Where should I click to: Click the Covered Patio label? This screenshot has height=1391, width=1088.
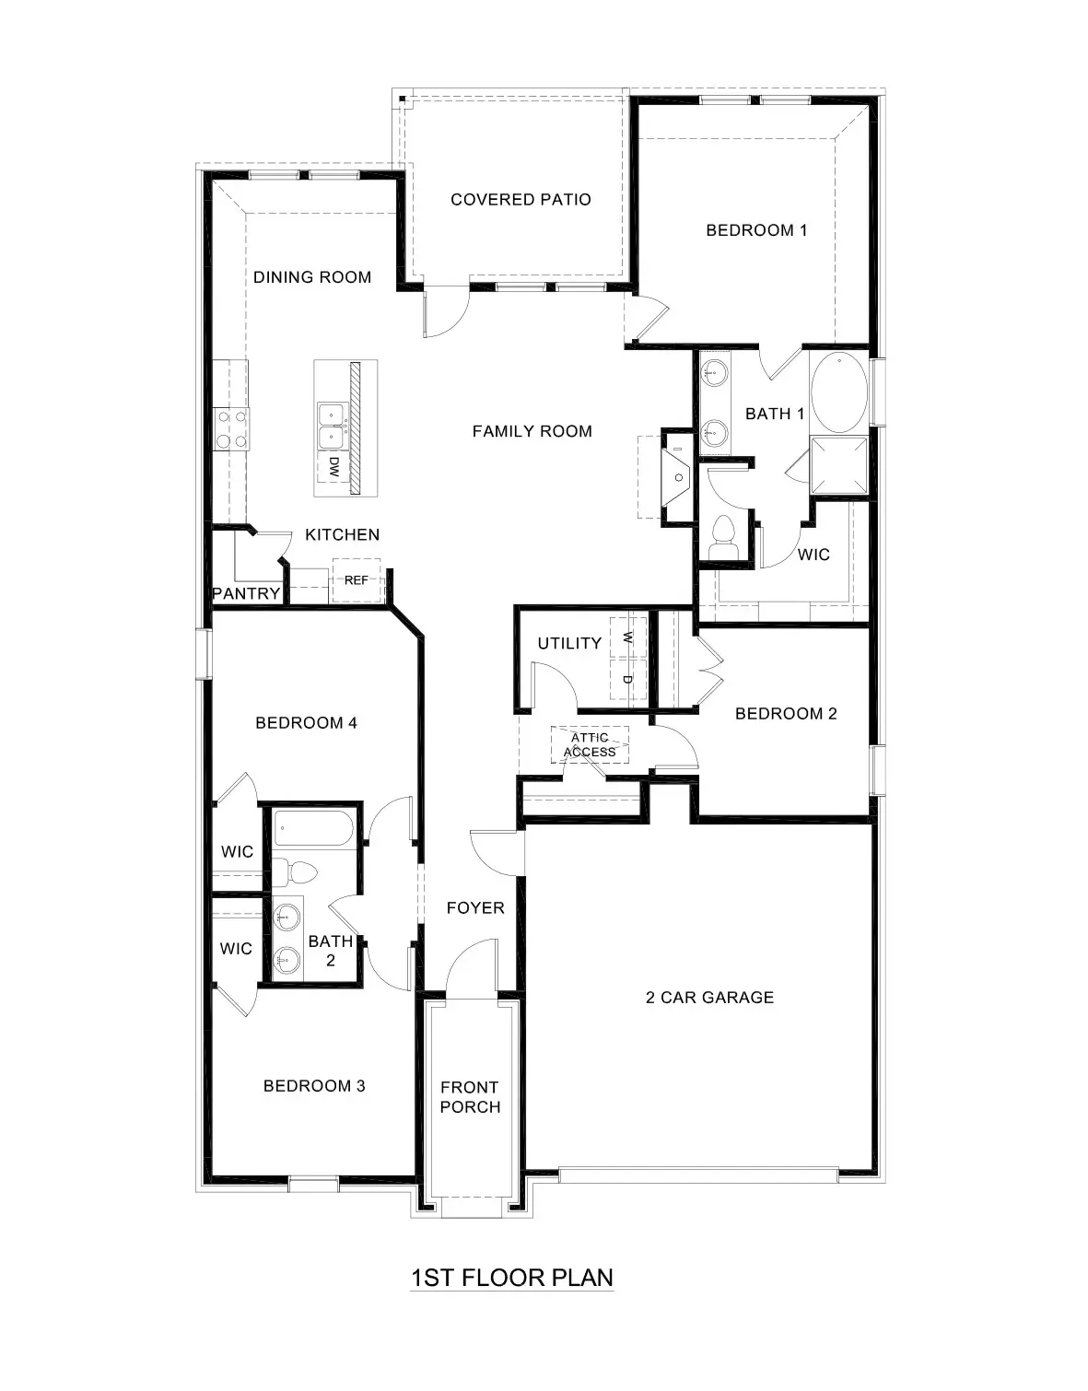click(x=521, y=200)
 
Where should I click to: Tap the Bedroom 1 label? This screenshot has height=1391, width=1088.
click(x=756, y=230)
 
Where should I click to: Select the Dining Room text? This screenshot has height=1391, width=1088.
click(x=312, y=277)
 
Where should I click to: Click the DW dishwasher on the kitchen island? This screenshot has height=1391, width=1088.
click(x=333, y=467)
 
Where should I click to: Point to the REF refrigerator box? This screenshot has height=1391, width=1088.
click(x=356, y=580)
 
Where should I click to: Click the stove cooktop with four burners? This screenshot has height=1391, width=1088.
click(x=231, y=429)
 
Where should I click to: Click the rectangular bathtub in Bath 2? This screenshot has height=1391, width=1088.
click(x=311, y=828)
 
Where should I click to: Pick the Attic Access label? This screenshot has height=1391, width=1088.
click(x=590, y=745)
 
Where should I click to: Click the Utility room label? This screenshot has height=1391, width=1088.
click(x=569, y=644)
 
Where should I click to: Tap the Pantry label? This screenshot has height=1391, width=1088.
click(x=246, y=594)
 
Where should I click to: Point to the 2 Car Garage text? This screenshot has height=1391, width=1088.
click(x=709, y=998)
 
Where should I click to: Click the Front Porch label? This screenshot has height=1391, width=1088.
click(x=470, y=1097)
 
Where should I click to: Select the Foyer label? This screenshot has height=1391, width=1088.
click(x=475, y=908)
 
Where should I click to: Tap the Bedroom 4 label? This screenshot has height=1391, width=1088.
click(x=306, y=723)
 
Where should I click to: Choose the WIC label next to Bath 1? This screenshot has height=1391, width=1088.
click(x=813, y=555)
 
